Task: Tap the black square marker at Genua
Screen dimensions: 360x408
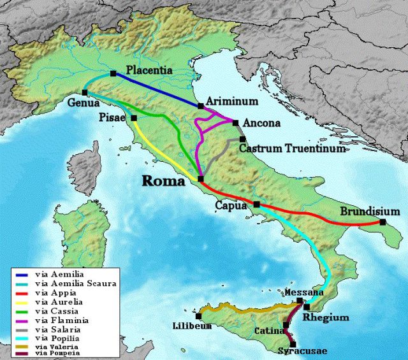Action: pos(85,93)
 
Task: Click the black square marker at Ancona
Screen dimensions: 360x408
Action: pos(235,123)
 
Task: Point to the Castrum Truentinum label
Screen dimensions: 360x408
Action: pos(292,148)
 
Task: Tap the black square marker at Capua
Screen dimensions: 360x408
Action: pos(256,205)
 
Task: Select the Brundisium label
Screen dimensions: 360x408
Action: pos(370,212)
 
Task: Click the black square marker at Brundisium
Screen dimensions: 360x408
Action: pos(382,222)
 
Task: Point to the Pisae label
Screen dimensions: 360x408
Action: pos(113,118)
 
